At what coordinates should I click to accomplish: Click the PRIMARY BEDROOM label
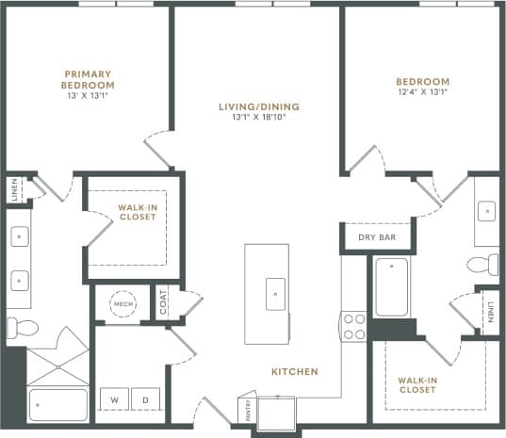(x=88, y=79)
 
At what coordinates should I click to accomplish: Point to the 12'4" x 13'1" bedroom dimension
(x=422, y=92)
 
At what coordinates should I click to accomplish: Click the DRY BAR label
(x=376, y=236)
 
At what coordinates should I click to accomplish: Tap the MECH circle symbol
(x=122, y=304)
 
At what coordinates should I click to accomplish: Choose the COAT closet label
(x=164, y=303)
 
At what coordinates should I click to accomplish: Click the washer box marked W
(x=114, y=399)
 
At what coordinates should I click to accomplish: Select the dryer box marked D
(x=145, y=399)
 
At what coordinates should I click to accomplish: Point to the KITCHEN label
(x=295, y=372)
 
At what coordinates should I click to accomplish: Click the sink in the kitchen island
(x=275, y=293)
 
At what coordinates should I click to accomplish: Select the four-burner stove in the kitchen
(x=353, y=326)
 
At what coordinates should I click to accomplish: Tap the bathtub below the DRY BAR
(x=391, y=288)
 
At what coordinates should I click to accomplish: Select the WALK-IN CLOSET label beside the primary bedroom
(x=137, y=212)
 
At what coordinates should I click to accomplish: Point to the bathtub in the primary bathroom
(x=58, y=402)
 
